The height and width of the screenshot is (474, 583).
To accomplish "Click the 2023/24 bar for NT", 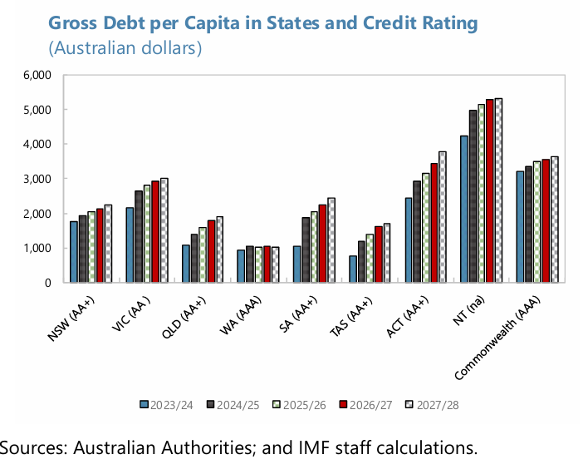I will click(464, 209).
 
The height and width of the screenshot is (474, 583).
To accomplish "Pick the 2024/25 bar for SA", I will click(306, 249).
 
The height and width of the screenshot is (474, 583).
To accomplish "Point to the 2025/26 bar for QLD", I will click(203, 254).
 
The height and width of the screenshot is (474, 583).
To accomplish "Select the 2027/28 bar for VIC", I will click(164, 230).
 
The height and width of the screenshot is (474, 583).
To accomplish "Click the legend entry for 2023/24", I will click(167, 404).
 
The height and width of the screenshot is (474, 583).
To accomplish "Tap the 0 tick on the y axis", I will click(48, 283).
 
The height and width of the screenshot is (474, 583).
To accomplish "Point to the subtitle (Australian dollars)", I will click(125, 48).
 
